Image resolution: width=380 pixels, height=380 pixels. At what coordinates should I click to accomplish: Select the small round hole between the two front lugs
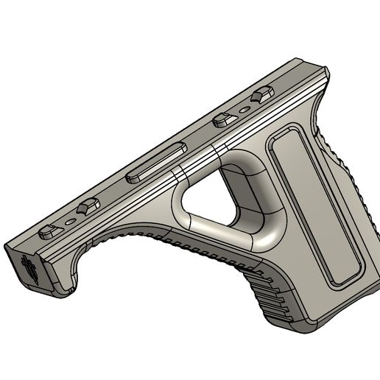68,219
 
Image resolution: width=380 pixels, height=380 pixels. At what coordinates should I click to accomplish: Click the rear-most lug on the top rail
261,95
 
